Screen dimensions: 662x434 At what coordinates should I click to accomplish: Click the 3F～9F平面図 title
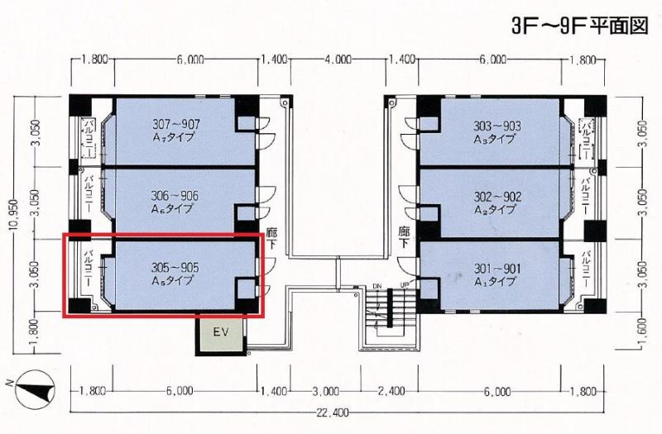(579, 26)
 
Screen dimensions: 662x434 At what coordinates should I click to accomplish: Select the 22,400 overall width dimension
(333, 413)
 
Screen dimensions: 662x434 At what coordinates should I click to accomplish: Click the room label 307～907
(176, 125)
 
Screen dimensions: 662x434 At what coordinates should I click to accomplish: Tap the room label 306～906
(175, 196)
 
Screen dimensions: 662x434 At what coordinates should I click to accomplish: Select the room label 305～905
(175, 268)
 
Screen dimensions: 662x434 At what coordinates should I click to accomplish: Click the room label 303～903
(497, 126)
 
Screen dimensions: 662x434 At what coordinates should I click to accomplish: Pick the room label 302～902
(497, 197)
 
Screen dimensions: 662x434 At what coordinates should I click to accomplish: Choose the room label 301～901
(497, 269)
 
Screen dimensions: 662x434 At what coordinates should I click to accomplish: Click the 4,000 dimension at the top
(338, 60)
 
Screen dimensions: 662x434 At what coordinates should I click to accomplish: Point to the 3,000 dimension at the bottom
(325, 391)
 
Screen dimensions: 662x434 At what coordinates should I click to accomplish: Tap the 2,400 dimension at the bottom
(391, 391)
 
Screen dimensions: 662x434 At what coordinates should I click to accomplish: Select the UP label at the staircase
(405, 286)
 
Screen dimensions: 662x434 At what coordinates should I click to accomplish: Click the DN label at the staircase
(377, 286)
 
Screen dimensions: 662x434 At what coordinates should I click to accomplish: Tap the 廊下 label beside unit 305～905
(271, 238)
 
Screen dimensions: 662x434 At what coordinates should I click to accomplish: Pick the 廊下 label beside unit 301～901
(405, 237)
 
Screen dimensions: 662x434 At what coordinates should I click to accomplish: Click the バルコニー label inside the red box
(89, 268)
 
